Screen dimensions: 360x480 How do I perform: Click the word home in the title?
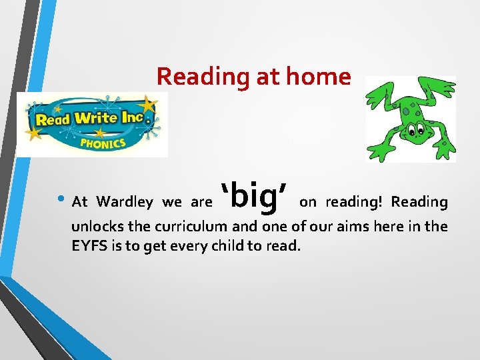pyautogui.click(x=317, y=77)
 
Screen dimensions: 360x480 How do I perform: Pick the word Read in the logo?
pyautogui.click(x=53, y=121)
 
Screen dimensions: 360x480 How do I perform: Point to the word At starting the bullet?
pyautogui.click(x=79, y=202)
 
